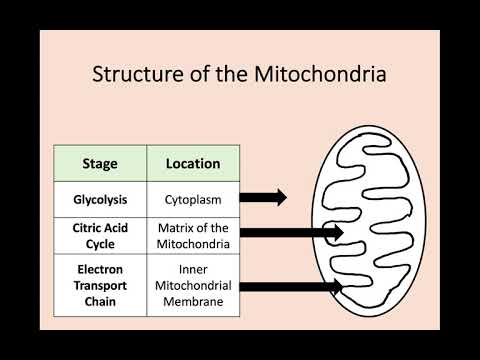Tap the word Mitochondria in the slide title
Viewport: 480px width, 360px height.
[x=323, y=75]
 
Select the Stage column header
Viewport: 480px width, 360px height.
[x=99, y=162]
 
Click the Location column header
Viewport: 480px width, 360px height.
[x=193, y=162]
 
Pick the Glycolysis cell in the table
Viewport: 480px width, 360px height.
[x=99, y=198]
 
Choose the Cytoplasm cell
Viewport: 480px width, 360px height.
[x=193, y=198]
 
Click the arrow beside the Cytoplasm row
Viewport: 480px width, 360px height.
[x=263, y=198]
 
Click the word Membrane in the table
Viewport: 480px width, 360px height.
[x=193, y=303]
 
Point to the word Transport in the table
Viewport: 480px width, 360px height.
[x=99, y=286]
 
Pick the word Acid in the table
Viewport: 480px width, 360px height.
[x=118, y=227]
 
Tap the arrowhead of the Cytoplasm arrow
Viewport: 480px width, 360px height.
[x=280, y=198]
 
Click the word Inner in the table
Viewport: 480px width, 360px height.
[x=193, y=269]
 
